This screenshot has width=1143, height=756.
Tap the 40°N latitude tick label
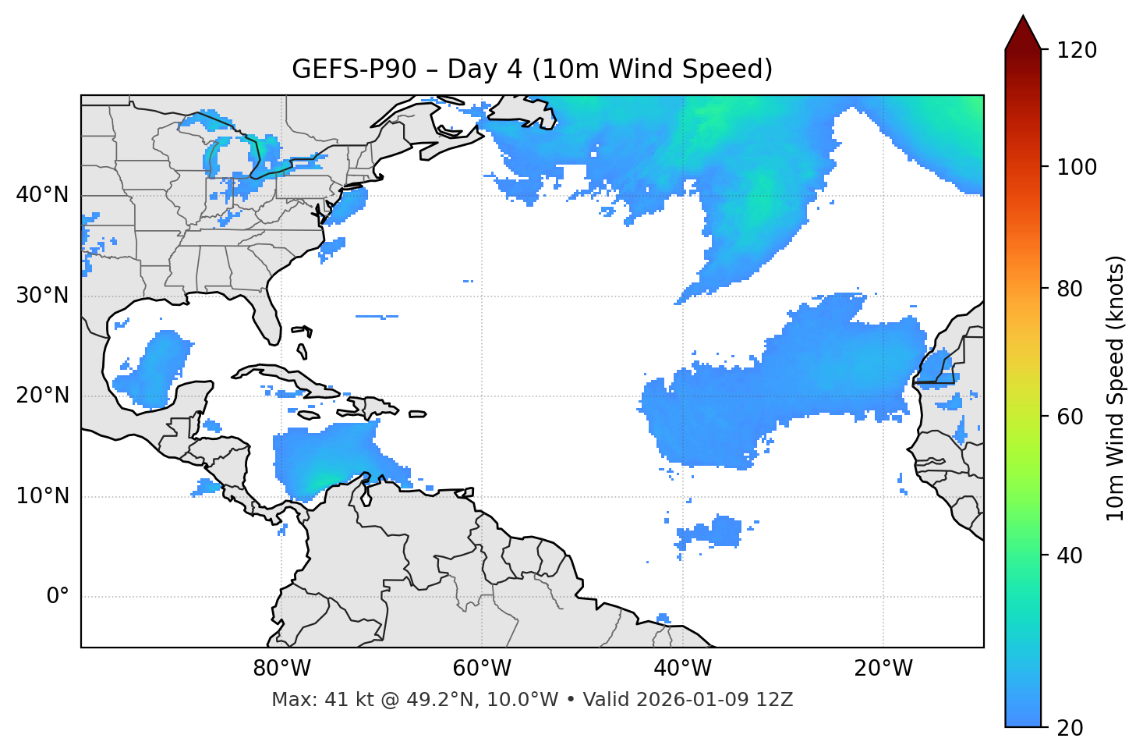pyautogui.click(x=42, y=195)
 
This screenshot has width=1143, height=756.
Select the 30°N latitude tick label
pyautogui.click(x=42, y=296)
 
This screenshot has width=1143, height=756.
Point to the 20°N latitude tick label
pyautogui.click(x=42, y=396)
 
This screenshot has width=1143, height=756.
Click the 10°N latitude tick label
pyautogui.click(x=42, y=496)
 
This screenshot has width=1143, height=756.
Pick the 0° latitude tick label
pyautogui.click(x=58, y=597)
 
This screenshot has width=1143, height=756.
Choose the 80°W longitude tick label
pyautogui.click(x=281, y=669)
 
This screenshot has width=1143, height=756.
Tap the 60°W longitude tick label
pyautogui.click(x=482, y=669)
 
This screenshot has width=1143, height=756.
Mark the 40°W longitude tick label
pyautogui.click(x=682, y=669)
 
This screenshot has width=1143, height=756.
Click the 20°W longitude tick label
pyautogui.click(x=883, y=669)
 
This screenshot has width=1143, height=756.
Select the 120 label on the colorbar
pyautogui.click(x=1077, y=51)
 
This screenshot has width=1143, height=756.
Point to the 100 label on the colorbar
pyautogui.click(x=1077, y=167)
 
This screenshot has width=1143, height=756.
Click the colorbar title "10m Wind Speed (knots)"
pyautogui.click(x=1116, y=388)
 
